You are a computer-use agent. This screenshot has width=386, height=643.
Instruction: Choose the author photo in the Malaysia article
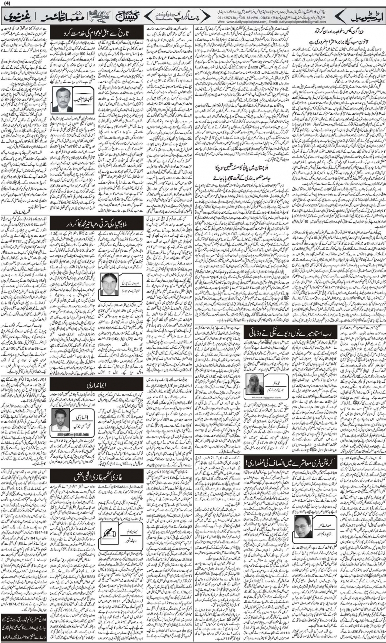(x=110, y=284)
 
